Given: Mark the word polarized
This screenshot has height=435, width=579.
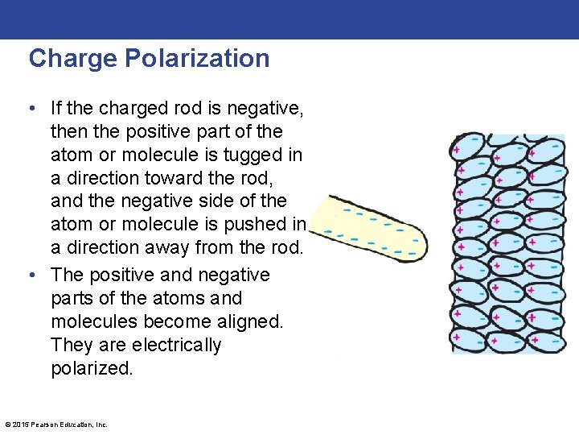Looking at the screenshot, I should (91, 368).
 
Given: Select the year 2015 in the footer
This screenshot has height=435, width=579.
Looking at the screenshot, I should (20, 425).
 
